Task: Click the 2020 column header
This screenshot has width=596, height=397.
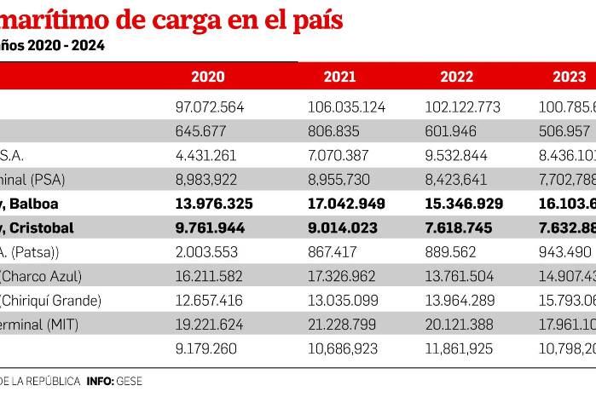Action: tap(208, 77)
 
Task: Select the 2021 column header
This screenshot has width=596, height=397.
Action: tap(340, 77)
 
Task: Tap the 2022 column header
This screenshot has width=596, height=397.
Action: tap(457, 77)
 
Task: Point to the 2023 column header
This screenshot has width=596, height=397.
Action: tap(569, 77)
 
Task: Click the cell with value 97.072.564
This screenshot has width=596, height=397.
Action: tap(208, 107)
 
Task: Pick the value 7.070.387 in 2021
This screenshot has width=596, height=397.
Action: tap(340, 156)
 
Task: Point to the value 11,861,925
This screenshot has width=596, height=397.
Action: tap(462, 348)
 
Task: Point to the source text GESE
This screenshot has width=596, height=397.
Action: tap(130, 381)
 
